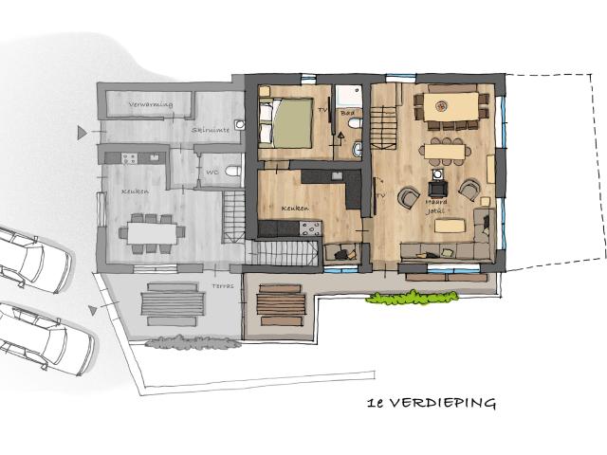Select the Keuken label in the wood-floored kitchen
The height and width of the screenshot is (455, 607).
297,207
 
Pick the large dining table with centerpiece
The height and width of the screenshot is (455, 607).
451,106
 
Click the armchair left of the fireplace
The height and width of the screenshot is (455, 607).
408,197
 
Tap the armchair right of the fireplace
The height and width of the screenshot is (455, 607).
469,191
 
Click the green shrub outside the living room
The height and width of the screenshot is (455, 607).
413,299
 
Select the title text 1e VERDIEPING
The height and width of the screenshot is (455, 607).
432,403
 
